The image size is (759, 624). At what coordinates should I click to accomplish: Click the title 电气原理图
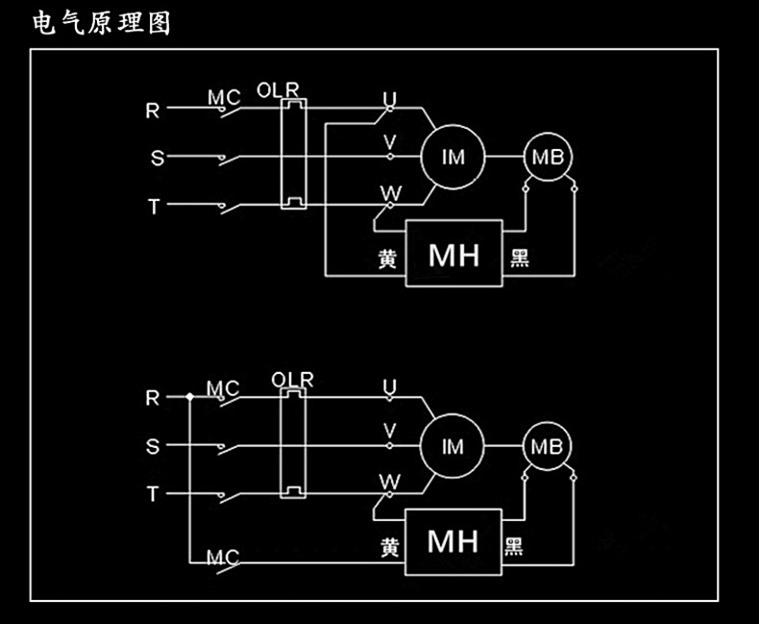coord(102,23)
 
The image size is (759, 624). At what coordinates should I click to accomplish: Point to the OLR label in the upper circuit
coord(278,90)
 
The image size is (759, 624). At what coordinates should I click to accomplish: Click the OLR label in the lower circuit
coord(292,380)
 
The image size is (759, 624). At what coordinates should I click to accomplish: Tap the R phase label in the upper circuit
coord(153,111)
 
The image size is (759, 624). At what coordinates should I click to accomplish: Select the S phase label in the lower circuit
coord(153,446)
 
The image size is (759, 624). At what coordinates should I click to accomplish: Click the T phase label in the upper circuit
coord(154,207)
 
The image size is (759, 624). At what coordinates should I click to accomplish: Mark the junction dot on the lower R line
coord(190,397)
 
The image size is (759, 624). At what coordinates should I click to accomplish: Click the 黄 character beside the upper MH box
coord(387,260)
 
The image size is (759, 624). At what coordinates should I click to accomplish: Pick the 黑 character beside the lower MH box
coord(514,546)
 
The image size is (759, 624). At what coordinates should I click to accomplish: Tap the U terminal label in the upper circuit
coord(390,98)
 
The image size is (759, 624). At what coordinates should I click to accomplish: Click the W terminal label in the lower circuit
coord(390,482)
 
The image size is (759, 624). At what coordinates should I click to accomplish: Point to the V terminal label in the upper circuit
coord(390,142)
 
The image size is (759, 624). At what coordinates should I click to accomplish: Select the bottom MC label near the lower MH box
coord(223,558)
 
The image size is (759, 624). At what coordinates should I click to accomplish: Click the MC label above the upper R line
coord(224,97)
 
